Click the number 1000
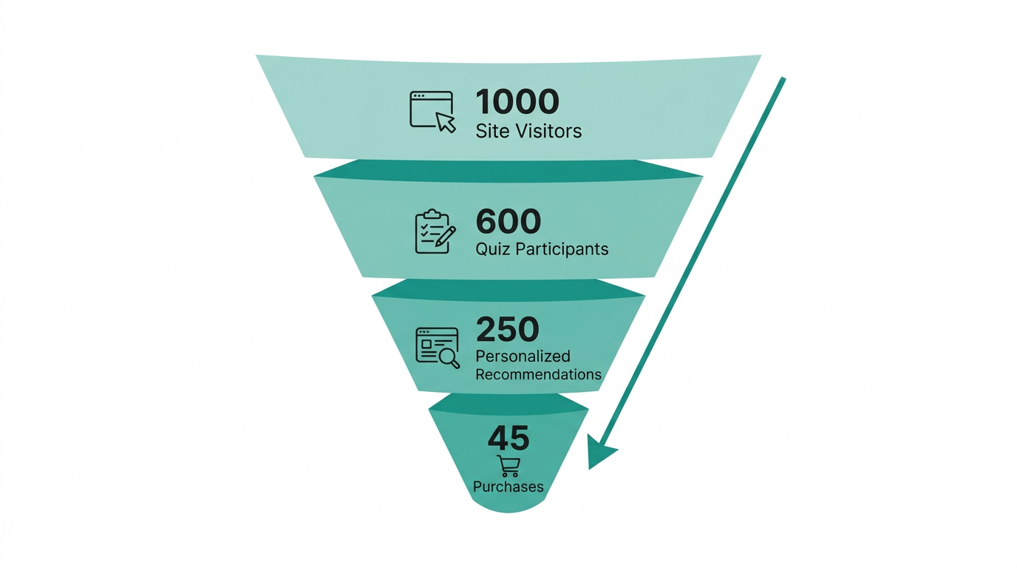click(517, 102)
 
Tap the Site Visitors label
click(528, 132)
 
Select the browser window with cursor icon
click(432, 111)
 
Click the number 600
click(508, 221)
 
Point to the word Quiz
click(492, 249)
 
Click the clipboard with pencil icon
click(435, 231)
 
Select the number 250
click(508, 330)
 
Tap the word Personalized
click(523, 356)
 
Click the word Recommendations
click(538, 374)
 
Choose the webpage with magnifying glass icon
click(437, 347)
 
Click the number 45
click(508, 439)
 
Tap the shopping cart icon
click(508, 466)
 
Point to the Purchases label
click(508, 487)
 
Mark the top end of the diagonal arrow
click(782, 79)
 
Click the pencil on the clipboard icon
click(445, 237)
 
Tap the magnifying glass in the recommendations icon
click(449, 357)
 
